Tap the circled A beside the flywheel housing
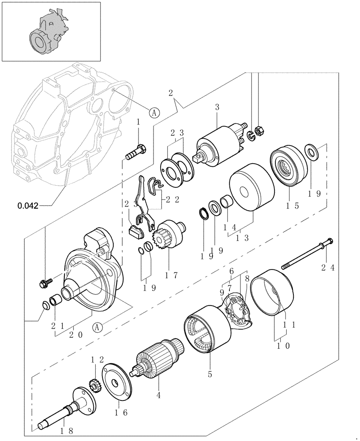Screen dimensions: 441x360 pyautogui.click(x=154, y=112)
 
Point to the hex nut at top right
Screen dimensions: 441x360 pyautogui.click(x=260, y=131)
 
